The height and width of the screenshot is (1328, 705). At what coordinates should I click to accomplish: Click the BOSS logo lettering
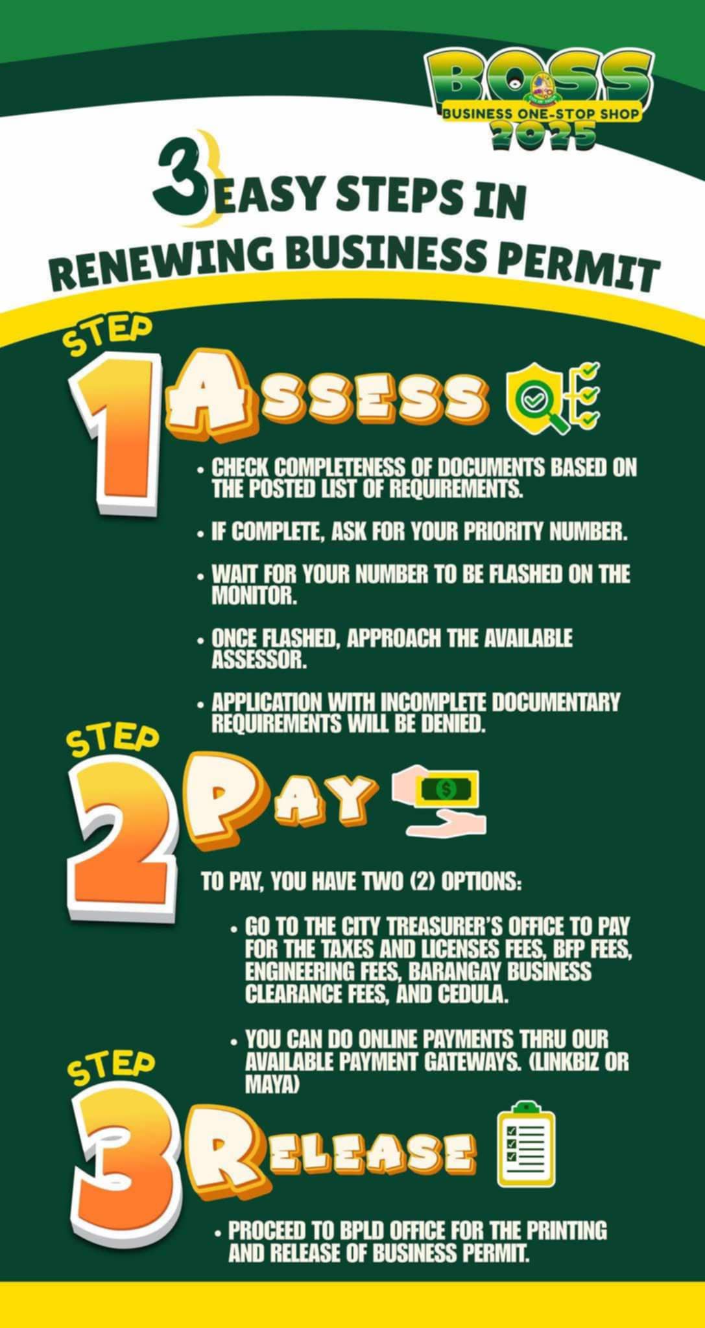coord(539,77)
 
